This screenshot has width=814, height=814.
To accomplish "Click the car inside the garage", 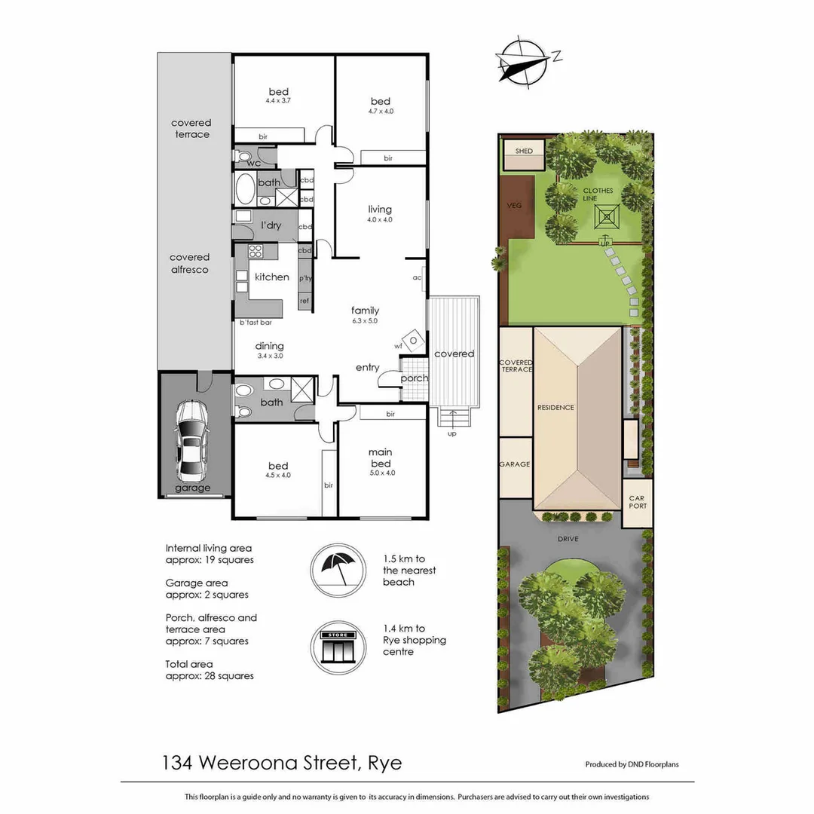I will [x=192, y=442].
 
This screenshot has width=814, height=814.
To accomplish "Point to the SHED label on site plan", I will [x=524, y=151].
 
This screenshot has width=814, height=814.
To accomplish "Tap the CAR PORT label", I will [x=637, y=503].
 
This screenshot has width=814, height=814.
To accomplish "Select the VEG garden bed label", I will [x=516, y=205].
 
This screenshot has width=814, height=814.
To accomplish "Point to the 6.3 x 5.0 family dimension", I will [x=365, y=321].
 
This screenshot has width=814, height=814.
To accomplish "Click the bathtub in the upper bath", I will [x=245, y=189].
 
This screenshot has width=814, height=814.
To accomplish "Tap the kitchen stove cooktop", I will [x=255, y=252].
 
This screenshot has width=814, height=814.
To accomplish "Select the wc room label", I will [x=253, y=162].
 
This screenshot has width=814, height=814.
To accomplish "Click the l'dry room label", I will [x=271, y=225].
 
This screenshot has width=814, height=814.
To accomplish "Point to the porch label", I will [x=415, y=378].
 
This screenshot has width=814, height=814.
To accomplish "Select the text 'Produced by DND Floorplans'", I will [x=632, y=764].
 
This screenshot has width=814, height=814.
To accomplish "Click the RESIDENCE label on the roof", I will [x=555, y=407].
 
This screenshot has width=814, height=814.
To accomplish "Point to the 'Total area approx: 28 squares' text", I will [x=210, y=670].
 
